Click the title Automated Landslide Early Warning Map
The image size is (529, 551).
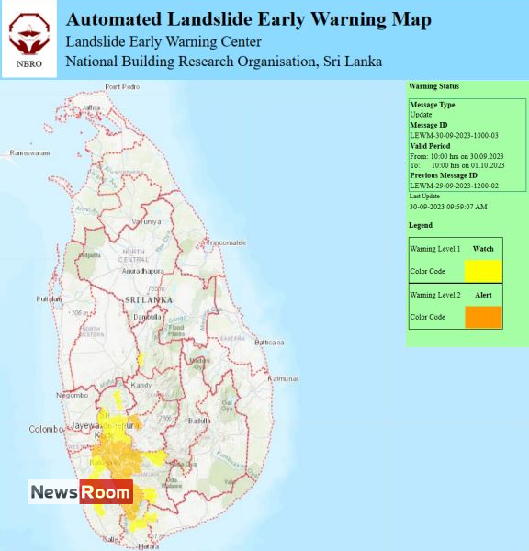tap(248, 19)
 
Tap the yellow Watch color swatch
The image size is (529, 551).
tap(482, 271)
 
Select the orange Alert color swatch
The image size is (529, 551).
tap(482, 317)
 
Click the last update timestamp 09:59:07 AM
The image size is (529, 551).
tap(448, 207)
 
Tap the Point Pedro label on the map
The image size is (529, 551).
tap(122, 86)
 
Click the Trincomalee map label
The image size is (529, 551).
tap(227, 242)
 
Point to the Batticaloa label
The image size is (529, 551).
tap(271, 342)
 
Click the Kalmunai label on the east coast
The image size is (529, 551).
tap(283, 378)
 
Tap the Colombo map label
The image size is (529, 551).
tap(44, 429)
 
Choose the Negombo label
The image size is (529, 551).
tap(71, 395)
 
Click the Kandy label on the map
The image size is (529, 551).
tap(141, 388)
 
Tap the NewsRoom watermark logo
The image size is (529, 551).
tap(81, 492)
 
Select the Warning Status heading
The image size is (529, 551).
tap(433, 86)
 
